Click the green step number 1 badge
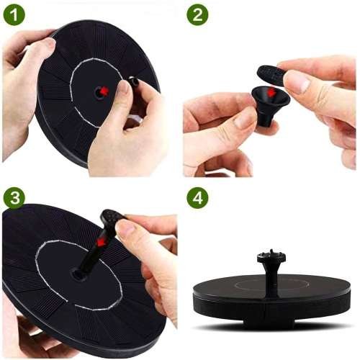click(x=14, y=14)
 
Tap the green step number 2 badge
click(x=197, y=14)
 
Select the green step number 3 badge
click(x=14, y=198)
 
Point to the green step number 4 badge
click(x=197, y=198)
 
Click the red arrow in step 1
click(x=104, y=91)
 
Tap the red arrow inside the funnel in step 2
click(x=271, y=91)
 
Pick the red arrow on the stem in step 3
click(x=103, y=242)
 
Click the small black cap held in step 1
click(x=135, y=82)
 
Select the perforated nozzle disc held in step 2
click(x=270, y=74)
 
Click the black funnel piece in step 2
click(x=270, y=106)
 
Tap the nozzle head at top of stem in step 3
click(x=112, y=219)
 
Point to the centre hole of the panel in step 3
click(x=77, y=274)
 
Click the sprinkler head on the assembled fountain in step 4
click(x=271, y=257)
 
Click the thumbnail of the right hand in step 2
click(x=297, y=84)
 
